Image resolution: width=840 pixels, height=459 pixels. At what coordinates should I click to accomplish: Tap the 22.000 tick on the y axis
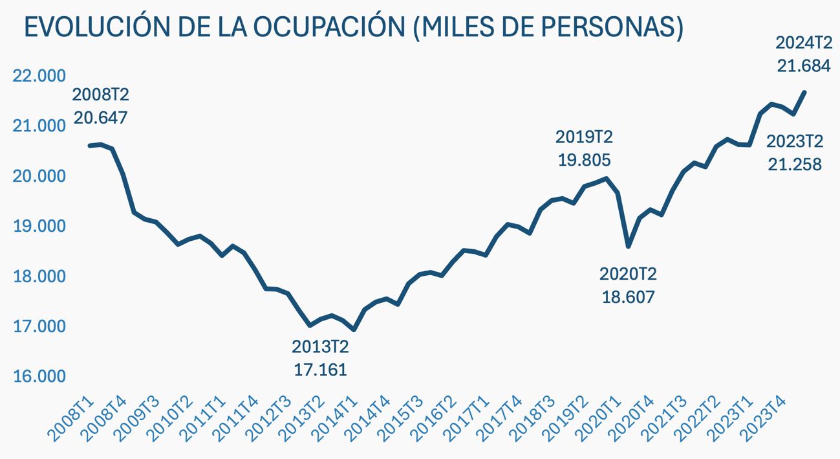[x=39, y=76]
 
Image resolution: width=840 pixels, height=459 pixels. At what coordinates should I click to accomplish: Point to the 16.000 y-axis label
[x=39, y=377]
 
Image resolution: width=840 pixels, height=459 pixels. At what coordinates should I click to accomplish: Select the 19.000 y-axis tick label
[x=39, y=226]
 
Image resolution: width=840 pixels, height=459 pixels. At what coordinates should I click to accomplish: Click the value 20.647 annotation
[x=100, y=118]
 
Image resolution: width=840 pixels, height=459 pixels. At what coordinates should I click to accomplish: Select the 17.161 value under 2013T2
[x=320, y=370]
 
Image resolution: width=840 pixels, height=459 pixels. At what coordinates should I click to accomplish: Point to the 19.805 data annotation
[x=585, y=160]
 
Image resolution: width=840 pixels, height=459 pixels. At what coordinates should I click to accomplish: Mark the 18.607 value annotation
[x=628, y=297]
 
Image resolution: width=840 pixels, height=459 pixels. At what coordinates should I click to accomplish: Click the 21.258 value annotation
[x=795, y=164]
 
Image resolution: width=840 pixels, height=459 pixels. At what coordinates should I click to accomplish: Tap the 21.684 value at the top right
[x=803, y=65]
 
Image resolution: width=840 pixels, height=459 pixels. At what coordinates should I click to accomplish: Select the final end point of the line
[x=804, y=92]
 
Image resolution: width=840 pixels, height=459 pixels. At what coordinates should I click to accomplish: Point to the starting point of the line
[x=90, y=146]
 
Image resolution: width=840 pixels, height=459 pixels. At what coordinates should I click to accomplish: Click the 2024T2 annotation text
[x=803, y=43]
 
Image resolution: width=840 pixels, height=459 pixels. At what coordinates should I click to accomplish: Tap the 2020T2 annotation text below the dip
[x=628, y=274]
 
